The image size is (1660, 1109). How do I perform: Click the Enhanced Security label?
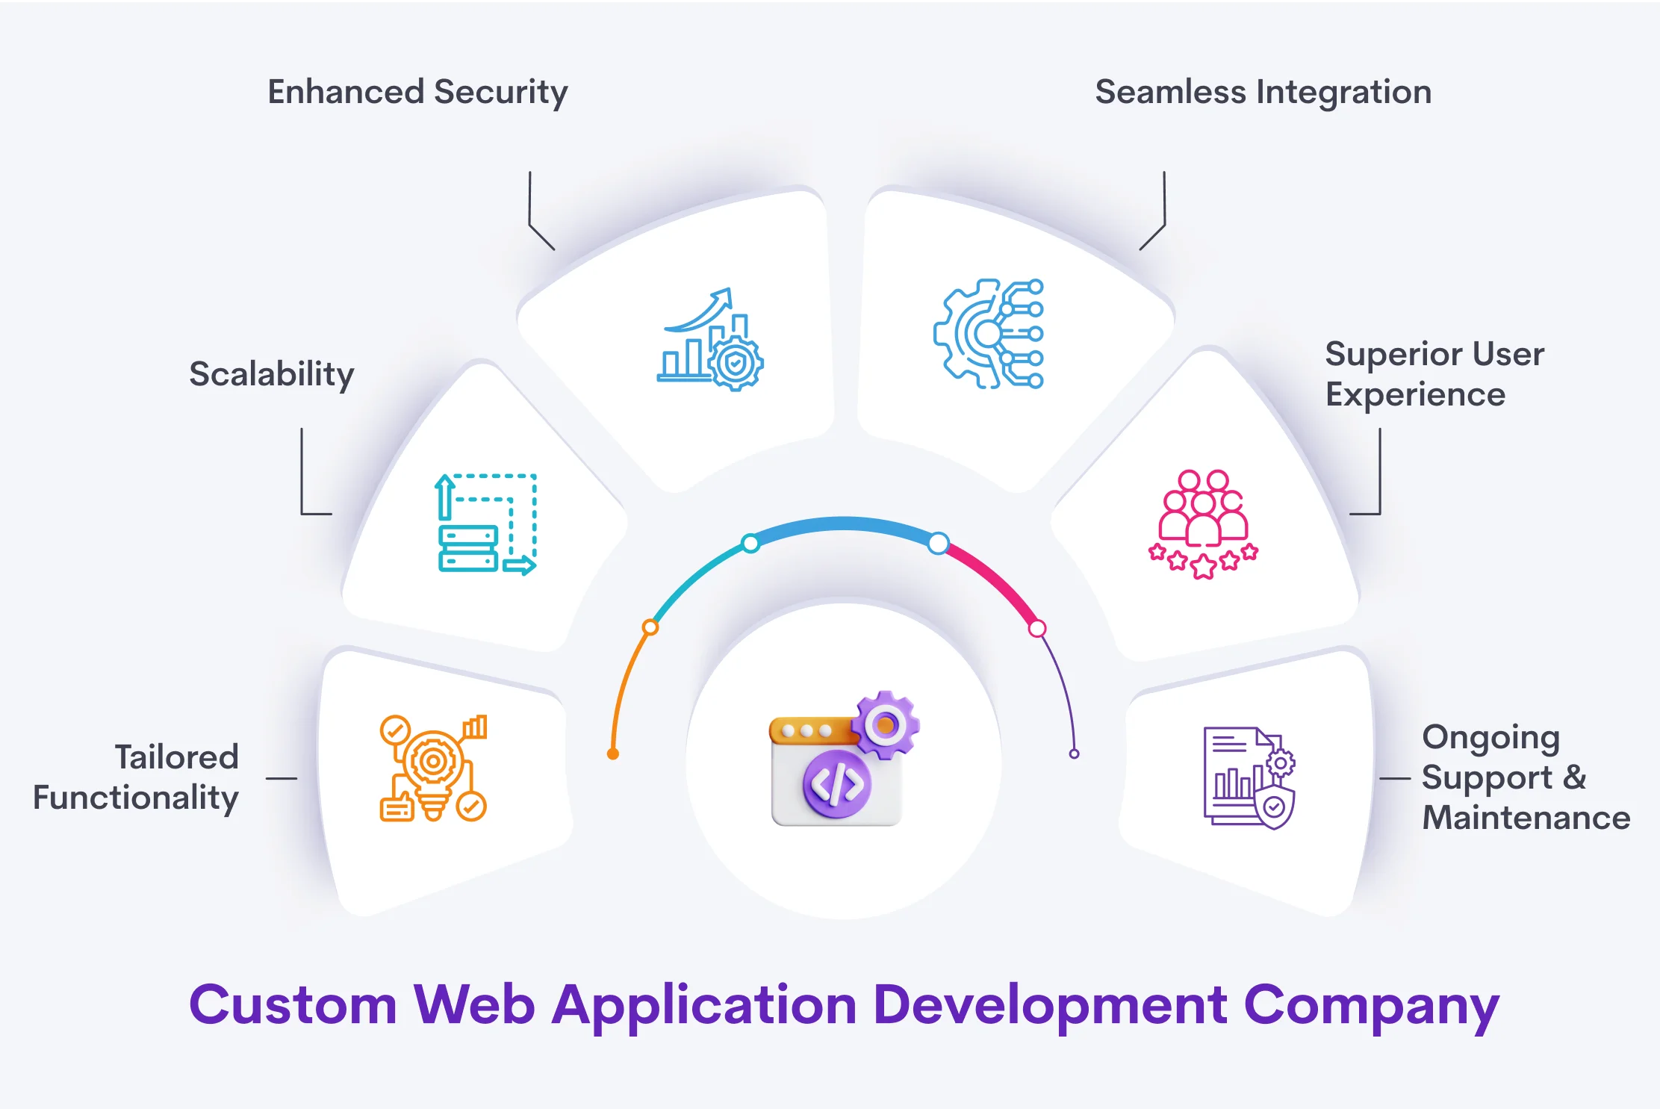pyautogui.click(x=417, y=93)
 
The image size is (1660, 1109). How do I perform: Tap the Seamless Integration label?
pyautogui.click(x=1263, y=93)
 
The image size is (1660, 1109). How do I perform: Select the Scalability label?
pyautogui.click(x=271, y=374)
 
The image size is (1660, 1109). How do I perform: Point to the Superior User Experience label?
pyautogui.click(x=1434, y=374)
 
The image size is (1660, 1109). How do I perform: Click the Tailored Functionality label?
pyautogui.click(x=136, y=777)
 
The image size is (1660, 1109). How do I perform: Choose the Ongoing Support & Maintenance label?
pyautogui.click(x=1525, y=777)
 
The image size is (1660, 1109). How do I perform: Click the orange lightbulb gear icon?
pyautogui.click(x=433, y=768)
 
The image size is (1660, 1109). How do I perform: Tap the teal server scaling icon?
pyautogui.click(x=486, y=524)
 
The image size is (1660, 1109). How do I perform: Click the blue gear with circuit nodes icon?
pyautogui.click(x=989, y=334)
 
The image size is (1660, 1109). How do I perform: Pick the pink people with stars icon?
pyautogui.click(x=1203, y=524)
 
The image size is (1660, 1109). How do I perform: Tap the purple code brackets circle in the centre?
pyautogui.click(x=837, y=784)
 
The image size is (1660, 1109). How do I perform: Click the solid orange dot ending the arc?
pyautogui.click(x=613, y=754)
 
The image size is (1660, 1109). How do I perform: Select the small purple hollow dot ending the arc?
pyautogui.click(x=1074, y=754)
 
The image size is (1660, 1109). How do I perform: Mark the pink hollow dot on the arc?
pyautogui.click(x=1037, y=629)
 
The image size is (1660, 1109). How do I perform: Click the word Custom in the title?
pyautogui.click(x=293, y=1005)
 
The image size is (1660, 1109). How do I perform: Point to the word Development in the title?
pyautogui.click(x=1050, y=1005)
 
